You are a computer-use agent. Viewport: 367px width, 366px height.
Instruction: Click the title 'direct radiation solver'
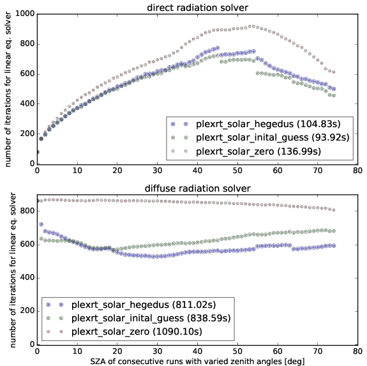[x=197, y=8]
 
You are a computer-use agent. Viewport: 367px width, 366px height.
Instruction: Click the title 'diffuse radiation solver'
[x=198, y=188]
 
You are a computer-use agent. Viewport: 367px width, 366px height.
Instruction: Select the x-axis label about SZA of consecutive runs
[x=197, y=361]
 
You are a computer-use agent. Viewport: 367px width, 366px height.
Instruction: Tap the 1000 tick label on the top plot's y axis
[x=25, y=13]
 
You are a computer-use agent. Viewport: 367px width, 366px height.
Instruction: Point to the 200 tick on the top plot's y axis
[x=27, y=133]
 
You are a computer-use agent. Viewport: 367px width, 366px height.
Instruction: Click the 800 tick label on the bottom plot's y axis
[x=27, y=211]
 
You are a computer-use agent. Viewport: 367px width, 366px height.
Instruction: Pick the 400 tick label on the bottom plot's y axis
[x=27, y=278]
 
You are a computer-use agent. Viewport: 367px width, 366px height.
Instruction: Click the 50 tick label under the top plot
[x=237, y=171]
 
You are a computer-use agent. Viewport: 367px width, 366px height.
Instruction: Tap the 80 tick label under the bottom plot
[x=357, y=351]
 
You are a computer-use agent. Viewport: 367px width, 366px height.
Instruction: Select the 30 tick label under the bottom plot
[x=157, y=351]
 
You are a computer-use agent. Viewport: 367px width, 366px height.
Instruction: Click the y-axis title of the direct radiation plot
[x=8, y=89]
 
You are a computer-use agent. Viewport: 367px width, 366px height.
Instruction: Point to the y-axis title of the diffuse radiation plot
[x=13, y=270]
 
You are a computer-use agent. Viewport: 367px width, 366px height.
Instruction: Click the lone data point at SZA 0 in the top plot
[x=38, y=152]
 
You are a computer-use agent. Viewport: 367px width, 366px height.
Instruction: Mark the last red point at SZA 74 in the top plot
[x=334, y=72]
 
